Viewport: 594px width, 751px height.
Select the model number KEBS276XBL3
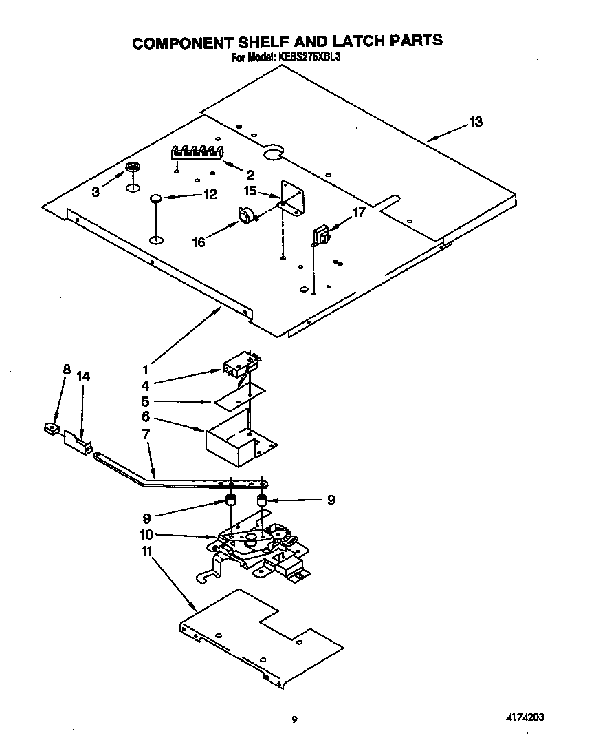[x=309, y=58]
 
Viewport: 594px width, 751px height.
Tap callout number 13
[x=475, y=122]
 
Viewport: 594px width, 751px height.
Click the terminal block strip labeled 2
[x=197, y=152]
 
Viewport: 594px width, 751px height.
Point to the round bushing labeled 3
[x=131, y=169]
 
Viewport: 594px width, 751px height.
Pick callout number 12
[x=210, y=195]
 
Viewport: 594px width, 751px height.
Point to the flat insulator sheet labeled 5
[x=238, y=396]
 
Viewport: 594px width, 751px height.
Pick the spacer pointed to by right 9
[x=262, y=499]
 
